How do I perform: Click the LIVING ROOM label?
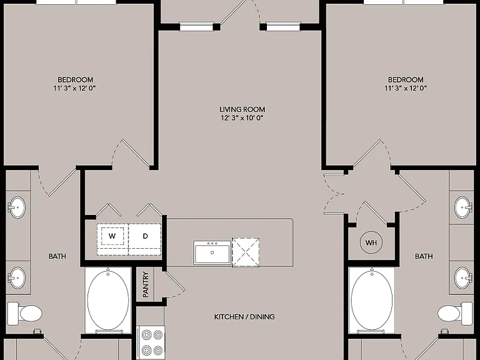(x=242, y=109)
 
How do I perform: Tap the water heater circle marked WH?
(x=371, y=242)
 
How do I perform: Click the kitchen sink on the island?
(x=212, y=252)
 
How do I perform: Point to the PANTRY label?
(x=146, y=284)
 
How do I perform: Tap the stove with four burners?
(x=151, y=342)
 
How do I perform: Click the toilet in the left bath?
(x=25, y=313)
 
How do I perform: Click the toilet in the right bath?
(x=455, y=313)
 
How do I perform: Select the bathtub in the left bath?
(x=108, y=300)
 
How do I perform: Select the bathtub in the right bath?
(x=372, y=300)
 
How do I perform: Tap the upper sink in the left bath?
(x=16, y=207)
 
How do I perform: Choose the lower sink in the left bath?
(x=16, y=277)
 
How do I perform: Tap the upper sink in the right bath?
(x=464, y=207)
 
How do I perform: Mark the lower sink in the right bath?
(x=464, y=277)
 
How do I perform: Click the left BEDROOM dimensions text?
(x=75, y=88)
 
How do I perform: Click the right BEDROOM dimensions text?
(x=406, y=88)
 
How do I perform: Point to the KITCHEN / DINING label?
(x=244, y=317)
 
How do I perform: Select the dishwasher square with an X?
(x=246, y=252)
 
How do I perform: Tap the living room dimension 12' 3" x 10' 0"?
(x=242, y=118)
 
